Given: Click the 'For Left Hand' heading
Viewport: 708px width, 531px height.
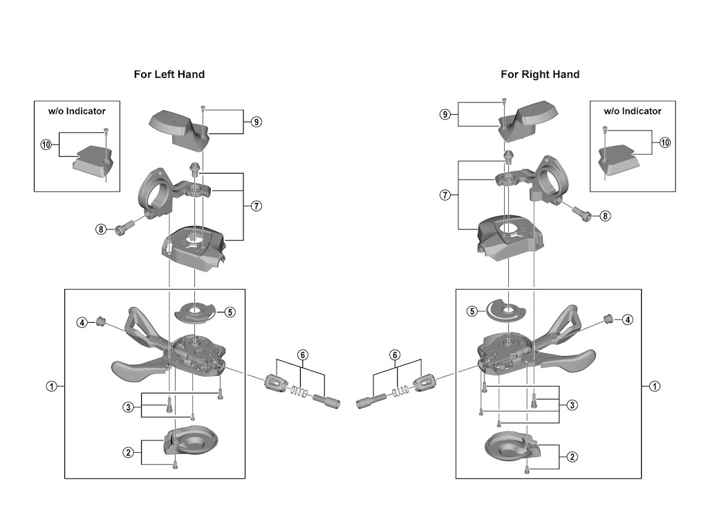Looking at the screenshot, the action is point(169,75).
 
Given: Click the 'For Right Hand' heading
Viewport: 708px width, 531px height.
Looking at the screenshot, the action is point(540,75).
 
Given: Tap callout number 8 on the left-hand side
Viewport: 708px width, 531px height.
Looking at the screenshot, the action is point(101,230).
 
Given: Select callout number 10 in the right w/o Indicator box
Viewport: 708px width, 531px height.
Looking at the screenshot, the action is point(665,142).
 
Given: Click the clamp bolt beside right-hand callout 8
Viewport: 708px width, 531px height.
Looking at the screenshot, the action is point(581,213).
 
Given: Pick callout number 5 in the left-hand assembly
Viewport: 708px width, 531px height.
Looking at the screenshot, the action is point(230,312).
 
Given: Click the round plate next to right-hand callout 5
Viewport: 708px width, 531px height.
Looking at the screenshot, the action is point(505,311).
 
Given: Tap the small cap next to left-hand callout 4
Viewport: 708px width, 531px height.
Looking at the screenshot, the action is point(100,322).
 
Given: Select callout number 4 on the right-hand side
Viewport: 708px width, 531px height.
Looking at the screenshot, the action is point(628,319).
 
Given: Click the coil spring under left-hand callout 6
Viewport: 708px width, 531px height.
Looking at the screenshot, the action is point(299,391).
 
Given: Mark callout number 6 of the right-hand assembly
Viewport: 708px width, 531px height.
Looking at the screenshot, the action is point(395,355).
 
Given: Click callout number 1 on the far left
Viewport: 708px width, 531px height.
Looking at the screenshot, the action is point(52,386).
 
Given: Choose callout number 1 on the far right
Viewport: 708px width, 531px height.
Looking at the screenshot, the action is point(654,386).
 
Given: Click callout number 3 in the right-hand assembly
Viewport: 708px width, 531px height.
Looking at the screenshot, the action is point(572,404).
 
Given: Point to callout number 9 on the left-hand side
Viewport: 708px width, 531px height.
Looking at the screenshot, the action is point(256,122).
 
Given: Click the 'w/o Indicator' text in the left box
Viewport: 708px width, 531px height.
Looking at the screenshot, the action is point(77,111).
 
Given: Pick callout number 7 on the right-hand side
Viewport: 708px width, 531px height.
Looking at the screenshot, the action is point(445,195).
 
